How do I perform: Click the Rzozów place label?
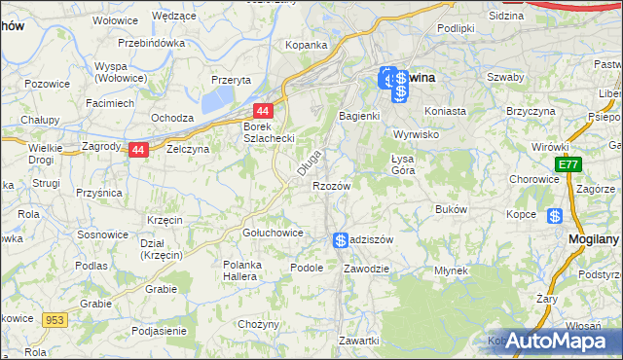tap(331, 185)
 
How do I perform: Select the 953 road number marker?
tap(54, 318)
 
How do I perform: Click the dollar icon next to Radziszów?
tap(341, 240)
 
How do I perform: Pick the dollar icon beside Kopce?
tap(555, 216)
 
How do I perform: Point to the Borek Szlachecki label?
tap(269, 132)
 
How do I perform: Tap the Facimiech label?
tap(109, 102)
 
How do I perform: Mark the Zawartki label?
tap(358, 341)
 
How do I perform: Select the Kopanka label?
tap(306, 45)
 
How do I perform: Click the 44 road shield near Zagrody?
tap(138, 150)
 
